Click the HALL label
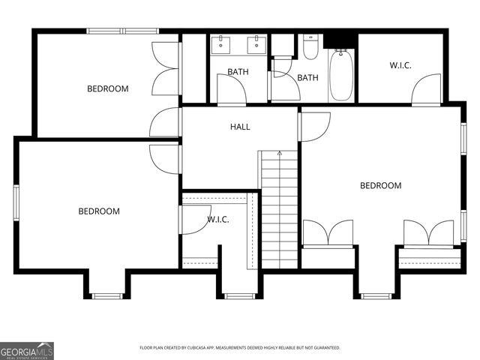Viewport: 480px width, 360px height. pos(240,127)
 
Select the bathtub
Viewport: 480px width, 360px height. pos(341,74)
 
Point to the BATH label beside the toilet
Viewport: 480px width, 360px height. pos(307,77)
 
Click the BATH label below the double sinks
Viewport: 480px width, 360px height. pos(238,72)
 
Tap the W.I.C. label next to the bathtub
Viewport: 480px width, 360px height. pos(400,65)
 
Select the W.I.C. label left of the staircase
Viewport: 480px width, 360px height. pos(217,219)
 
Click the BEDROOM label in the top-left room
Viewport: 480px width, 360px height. pos(108,88)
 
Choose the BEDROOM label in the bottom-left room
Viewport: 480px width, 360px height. pos(99,211)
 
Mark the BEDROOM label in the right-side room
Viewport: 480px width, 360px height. pos(380,185)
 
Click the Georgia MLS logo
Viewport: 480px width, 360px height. pos(27,350)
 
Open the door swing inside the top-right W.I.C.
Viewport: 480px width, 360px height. pos(426,89)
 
